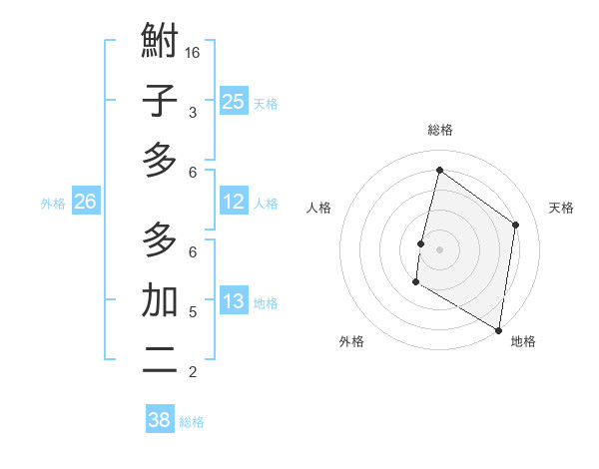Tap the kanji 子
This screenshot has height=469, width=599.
(160, 101)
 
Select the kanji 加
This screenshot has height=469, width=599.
(160, 300)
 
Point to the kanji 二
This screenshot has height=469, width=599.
(160, 360)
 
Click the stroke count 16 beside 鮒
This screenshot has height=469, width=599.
(194, 52)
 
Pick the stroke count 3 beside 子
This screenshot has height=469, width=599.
(193, 113)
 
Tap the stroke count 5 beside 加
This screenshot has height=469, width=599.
(193, 312)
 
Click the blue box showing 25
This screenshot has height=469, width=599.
(233, 101)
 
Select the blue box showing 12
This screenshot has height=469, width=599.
(233, 202)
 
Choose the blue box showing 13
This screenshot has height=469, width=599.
(233, 301)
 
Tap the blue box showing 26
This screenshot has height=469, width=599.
(86, 202)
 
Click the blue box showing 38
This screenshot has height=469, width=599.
(160, 419)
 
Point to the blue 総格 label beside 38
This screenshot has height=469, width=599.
(193, 422)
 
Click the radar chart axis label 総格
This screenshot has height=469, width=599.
(440, 130)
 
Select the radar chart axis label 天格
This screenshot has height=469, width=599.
(561, 208)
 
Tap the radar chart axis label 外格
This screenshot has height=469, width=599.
(351, 341)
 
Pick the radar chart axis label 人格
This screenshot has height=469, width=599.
(318, 208)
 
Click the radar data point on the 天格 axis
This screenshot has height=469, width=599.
(516, 225)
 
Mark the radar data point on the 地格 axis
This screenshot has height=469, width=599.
(498, 329)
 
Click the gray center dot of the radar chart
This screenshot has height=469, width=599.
(440, 247)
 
